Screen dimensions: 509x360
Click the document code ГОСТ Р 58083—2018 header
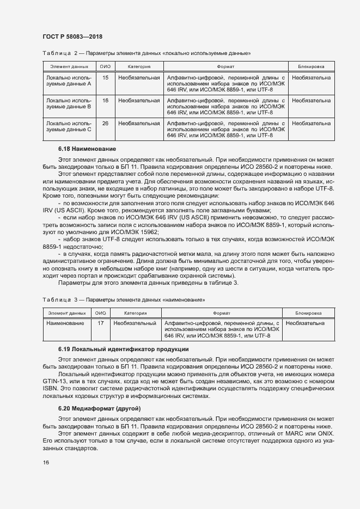(x=72, y=36)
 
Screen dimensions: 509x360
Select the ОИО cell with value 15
(x=105, y=78)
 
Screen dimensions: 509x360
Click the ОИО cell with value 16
(x=105, y=101)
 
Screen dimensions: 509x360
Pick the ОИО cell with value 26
(x=105, y=124)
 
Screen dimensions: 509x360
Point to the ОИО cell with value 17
(x=101, y=323)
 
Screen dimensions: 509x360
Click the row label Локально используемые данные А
(x=69, y=82)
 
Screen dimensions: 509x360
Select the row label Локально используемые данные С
(x=69, y=127)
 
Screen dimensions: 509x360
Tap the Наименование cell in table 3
(x=65, y=323)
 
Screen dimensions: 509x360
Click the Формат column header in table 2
(x=225, y=66)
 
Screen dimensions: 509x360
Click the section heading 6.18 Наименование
(x=87, y=149)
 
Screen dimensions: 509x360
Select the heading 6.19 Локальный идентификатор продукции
(x=123, y=349)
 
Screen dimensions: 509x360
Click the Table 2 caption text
(x=147, y=53)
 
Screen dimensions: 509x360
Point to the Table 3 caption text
(x=124, y=300)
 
